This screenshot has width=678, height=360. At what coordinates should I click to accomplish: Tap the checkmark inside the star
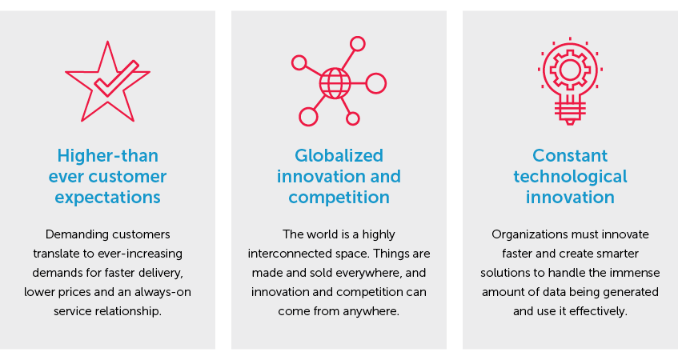click(x=116, y=78)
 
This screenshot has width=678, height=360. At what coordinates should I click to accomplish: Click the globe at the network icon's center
click(x=335, y=83)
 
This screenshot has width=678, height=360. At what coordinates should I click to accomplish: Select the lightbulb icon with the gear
click(x=570, y=81)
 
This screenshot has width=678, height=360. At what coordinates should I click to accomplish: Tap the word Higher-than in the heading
click(x=108, y=155)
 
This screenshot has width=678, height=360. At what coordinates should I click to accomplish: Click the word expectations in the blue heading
click(x=108, y=198)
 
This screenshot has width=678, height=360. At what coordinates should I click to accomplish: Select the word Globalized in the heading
click(x=339, y=155)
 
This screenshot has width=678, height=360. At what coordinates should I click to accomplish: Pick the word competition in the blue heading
click(x=339, y=198)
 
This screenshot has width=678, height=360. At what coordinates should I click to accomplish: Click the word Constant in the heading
click(x=570, y=155)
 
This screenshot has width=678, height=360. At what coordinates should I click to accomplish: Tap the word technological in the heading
click(x=570, y=176)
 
